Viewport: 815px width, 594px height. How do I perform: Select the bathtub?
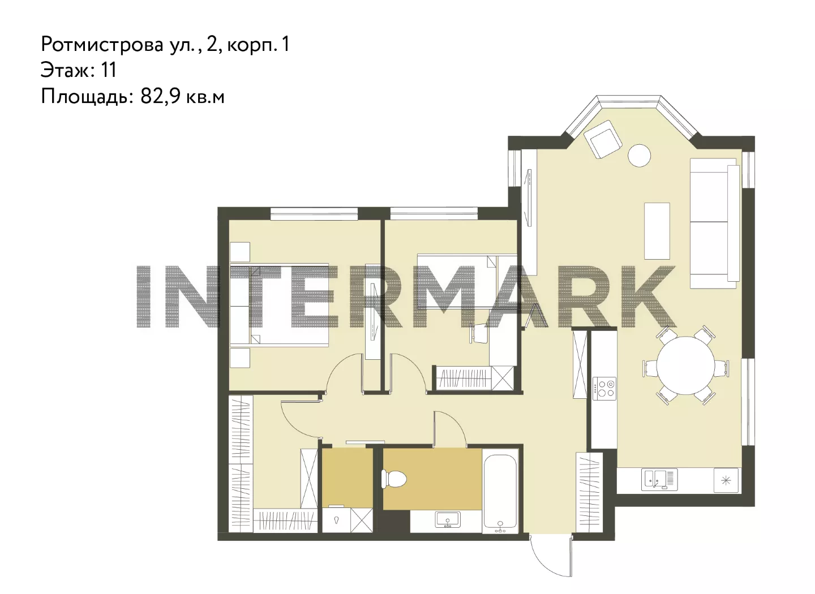coord(500,492)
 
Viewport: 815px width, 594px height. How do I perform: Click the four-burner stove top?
coord(604,389)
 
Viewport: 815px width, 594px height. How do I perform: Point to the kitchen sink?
coord(659,479)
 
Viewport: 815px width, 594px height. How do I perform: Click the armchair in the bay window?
coord(602,139)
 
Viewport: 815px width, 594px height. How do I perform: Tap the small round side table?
coord(640,156)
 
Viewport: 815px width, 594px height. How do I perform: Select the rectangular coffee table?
coord(657,231)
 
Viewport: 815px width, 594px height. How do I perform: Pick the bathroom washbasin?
coord(448,519)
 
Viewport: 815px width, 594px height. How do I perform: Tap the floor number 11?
coord(109,70)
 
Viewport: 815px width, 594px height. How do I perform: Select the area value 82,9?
coord(161,96)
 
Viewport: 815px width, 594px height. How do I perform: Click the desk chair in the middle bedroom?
coord(479,333)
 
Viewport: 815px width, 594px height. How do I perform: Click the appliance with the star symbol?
coord(726,480)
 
